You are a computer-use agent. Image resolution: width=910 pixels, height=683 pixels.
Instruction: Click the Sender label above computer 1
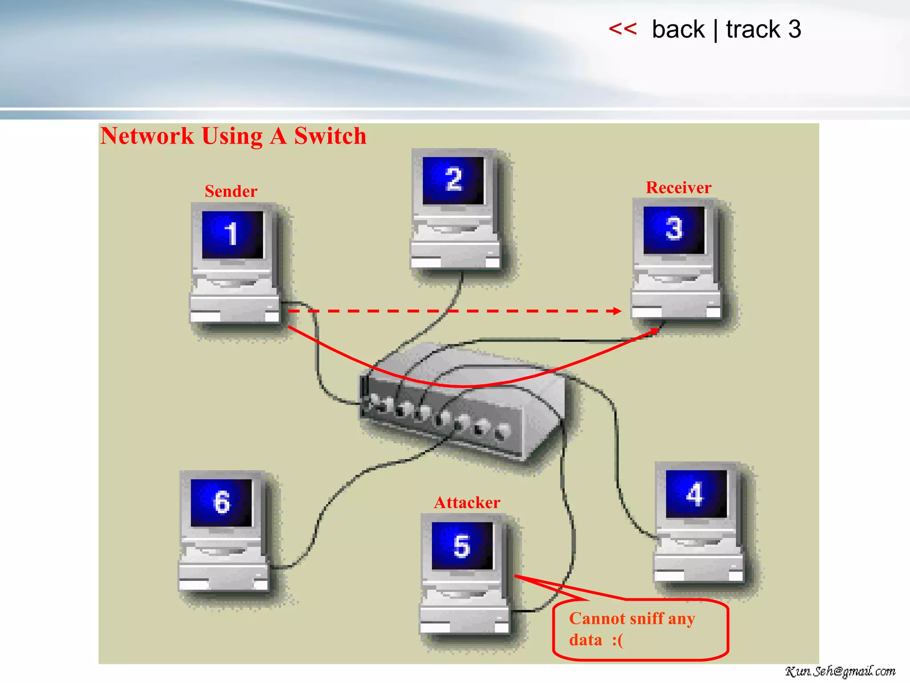[x=231, y=191]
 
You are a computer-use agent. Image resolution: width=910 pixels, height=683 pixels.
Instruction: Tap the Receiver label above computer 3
[x=678, y=188]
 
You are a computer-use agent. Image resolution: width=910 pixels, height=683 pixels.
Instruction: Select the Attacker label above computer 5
[x=467, y=502]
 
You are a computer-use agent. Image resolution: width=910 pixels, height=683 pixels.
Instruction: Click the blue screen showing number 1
[x=232, y=234]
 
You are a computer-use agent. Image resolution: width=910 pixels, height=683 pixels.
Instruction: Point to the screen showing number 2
[x=453, y=180]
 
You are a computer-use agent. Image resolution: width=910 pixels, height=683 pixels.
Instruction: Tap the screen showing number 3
[x=674, y=229]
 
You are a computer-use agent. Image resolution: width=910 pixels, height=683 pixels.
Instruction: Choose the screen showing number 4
[x=695, y=494]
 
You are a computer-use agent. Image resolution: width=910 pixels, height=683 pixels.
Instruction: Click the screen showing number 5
[x=462, y=546]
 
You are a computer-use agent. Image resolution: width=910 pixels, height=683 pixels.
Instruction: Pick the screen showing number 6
[x=221, y=502]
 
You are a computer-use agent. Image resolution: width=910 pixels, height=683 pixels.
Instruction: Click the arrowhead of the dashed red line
[x=617, y=311]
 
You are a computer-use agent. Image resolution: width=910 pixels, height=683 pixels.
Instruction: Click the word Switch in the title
[x=330, y=136]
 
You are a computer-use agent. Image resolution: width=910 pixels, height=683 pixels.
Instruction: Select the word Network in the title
[x=147, y=136]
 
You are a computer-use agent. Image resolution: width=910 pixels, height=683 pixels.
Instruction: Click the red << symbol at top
[x=623, y=29]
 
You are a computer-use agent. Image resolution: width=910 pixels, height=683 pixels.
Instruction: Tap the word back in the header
[x=678, y=30]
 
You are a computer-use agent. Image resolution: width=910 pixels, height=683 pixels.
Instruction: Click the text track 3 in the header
[x=763, y=30]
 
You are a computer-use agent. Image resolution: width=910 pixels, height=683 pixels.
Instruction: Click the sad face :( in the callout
[x=618, y=640]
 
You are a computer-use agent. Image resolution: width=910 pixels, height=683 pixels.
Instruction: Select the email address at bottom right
[x=840, y=671]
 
